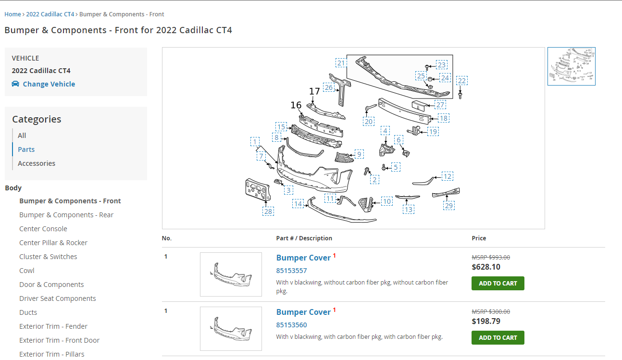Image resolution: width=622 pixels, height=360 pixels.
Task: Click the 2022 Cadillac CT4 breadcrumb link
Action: [50, 14]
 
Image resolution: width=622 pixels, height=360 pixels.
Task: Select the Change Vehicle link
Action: [49, 84]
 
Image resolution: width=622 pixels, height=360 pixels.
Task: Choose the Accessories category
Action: [37, 163]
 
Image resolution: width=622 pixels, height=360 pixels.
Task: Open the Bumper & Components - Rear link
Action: [66, 215]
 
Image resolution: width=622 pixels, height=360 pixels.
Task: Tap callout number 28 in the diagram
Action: [268, 211]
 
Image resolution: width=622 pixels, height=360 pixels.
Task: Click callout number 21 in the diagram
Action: [341, 63]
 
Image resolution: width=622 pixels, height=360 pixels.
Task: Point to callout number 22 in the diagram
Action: [462, 81]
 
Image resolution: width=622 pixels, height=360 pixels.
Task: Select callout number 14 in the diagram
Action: [299, 204]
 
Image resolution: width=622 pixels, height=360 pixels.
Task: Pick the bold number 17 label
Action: [314, 91]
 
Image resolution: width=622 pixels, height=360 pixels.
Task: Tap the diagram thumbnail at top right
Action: [571, 66]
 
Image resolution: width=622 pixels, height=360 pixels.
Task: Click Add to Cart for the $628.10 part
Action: [498, 284]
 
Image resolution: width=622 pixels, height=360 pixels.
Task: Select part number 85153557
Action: [291, 271]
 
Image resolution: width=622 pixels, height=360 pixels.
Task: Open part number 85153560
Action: [291, 325]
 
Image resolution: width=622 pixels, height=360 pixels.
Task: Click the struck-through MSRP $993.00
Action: [491, 257]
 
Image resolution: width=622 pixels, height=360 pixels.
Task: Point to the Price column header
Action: [479, 238]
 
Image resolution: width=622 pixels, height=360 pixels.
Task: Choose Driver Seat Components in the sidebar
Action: [58, 298]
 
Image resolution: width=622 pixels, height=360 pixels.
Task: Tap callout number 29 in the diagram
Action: [448, 206]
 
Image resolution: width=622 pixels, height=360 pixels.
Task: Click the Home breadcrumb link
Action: [12, 14]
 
